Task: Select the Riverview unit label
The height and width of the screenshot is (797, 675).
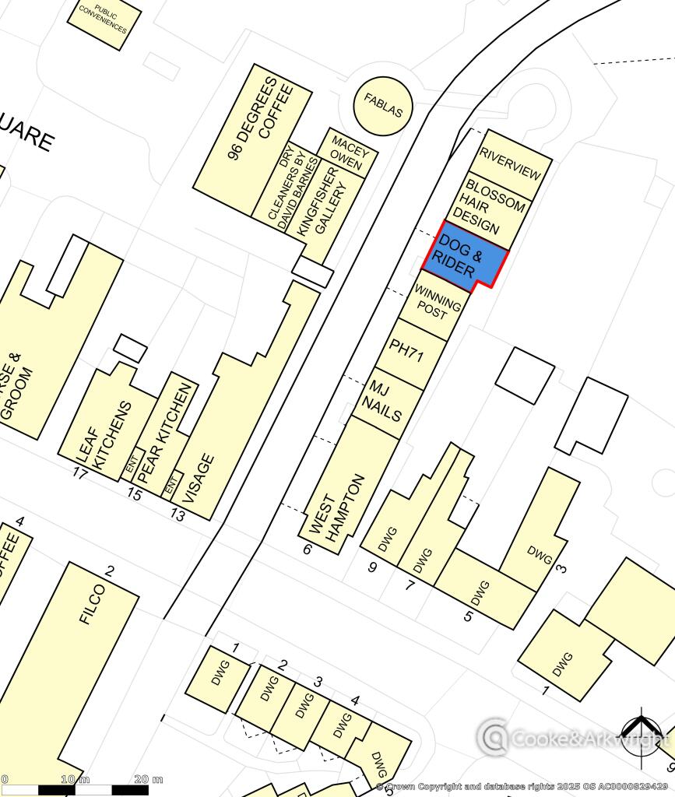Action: pos(510,163)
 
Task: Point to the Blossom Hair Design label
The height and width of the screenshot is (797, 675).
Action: pos(488,206)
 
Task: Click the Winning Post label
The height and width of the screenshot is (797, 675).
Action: pos(438,303)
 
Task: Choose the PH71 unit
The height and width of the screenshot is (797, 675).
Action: pos(406,352)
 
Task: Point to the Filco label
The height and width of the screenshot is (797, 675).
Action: pos(93,604)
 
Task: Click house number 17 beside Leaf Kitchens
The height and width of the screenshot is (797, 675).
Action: pos(79,472)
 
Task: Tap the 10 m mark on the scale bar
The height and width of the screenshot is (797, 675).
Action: pos(76,779)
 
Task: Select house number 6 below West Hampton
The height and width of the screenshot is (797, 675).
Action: pos(307,549)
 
